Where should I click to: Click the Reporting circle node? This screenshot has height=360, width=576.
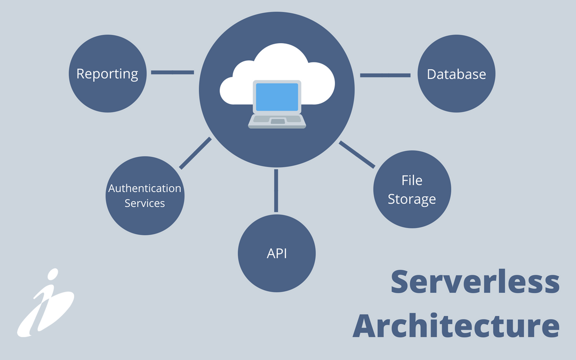pyautogui.click(x=107, y=74)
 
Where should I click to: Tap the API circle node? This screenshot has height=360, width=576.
pyautogui.click(x=276, y=253)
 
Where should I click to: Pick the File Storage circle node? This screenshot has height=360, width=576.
pyautogui.click(x=412, y=189)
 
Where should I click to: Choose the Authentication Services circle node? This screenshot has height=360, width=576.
pyautogui.click(x=145, y=195)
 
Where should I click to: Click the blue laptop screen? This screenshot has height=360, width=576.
pyautogui.click(x=277, y=97)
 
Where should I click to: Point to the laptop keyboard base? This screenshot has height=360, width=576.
pyautogui.click(x=277, y=121)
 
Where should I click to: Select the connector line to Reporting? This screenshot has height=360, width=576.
pyautogui.click(x=172, y=72)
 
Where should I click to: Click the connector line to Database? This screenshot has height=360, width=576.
pyautogui.click(x=385, y=75)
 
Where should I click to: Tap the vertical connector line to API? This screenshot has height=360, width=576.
pyautogui.click(x=276, y=190)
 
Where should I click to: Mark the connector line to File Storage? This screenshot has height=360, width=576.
pyautogui.click(x=357, y=155)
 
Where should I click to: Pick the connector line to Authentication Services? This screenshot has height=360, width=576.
pyautogui.click(x=195, y=154)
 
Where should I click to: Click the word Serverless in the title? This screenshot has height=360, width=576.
pyautogui.click(x=475, y=282)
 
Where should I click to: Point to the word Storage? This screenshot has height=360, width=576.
pyautogui.click(x=412, y=199)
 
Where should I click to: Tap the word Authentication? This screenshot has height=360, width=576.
pyautogui.click(x=145, y=188)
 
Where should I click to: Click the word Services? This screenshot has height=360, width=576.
pyautogui.click(x=145, y=203)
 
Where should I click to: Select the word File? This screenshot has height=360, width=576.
pyautogui.click(x=412, y=180)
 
